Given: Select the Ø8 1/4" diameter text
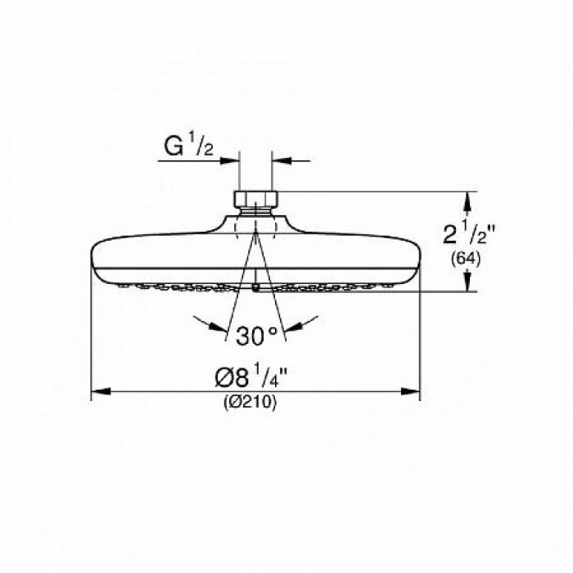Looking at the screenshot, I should pyautogui.click(x=254, y=379).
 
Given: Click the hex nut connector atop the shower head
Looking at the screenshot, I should pyautogui.click(x=255, y=199).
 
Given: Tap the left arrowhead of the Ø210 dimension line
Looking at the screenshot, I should pyautogui.click(x=95, y=391).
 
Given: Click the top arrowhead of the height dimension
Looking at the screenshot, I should pyautogui.click(x=467, y=197).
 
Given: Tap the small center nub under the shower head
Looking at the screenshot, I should pyautogui.click(x=255, y=286).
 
